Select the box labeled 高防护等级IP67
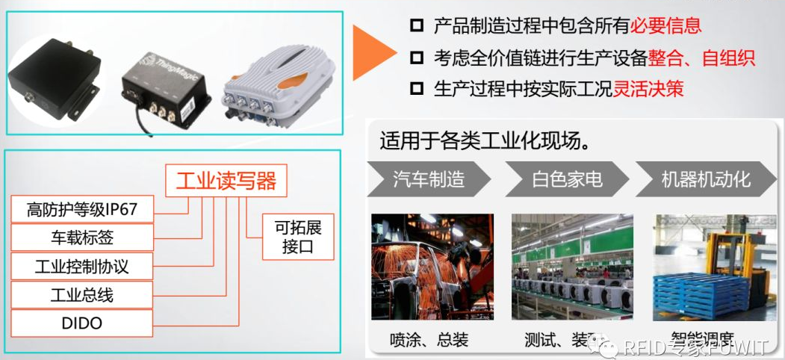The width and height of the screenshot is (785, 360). click(x=82, y=209)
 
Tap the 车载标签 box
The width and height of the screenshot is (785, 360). click(x=82, y=238)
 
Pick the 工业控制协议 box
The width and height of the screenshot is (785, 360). click(x=82, y=266)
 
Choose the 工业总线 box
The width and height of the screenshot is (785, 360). click(x=82, y=294)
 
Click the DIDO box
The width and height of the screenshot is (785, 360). click(x=82, y=323)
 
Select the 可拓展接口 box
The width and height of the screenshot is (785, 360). click(x=297, y=238)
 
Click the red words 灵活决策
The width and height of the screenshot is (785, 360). click(x=648, y=89)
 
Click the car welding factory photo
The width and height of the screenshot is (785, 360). click(x=432, y=266)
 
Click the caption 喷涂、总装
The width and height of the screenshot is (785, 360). click(x=429, y=340)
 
